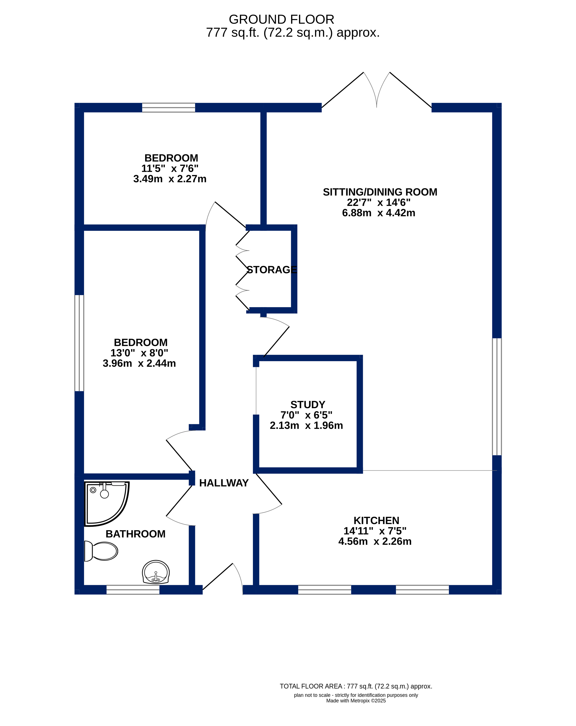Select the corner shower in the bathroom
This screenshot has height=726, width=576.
[x=106, y=503]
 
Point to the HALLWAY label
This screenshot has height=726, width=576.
[x=224, y=483]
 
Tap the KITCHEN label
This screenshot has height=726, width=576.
[x=376, y=520]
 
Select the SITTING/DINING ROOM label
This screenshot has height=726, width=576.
[x=380, y=192]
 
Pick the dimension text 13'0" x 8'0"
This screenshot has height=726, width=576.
[x=139, y=353]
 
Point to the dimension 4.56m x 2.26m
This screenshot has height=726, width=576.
[x=375, y=541]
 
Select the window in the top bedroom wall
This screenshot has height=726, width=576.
[x=169, y=107]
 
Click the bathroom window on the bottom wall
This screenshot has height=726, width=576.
[x=133, y=590]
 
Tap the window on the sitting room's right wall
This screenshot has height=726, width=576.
[x=497, y=397]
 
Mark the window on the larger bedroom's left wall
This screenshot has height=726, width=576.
[x=79, y=343]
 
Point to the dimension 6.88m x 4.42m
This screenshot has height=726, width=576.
[x=379, y=213]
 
